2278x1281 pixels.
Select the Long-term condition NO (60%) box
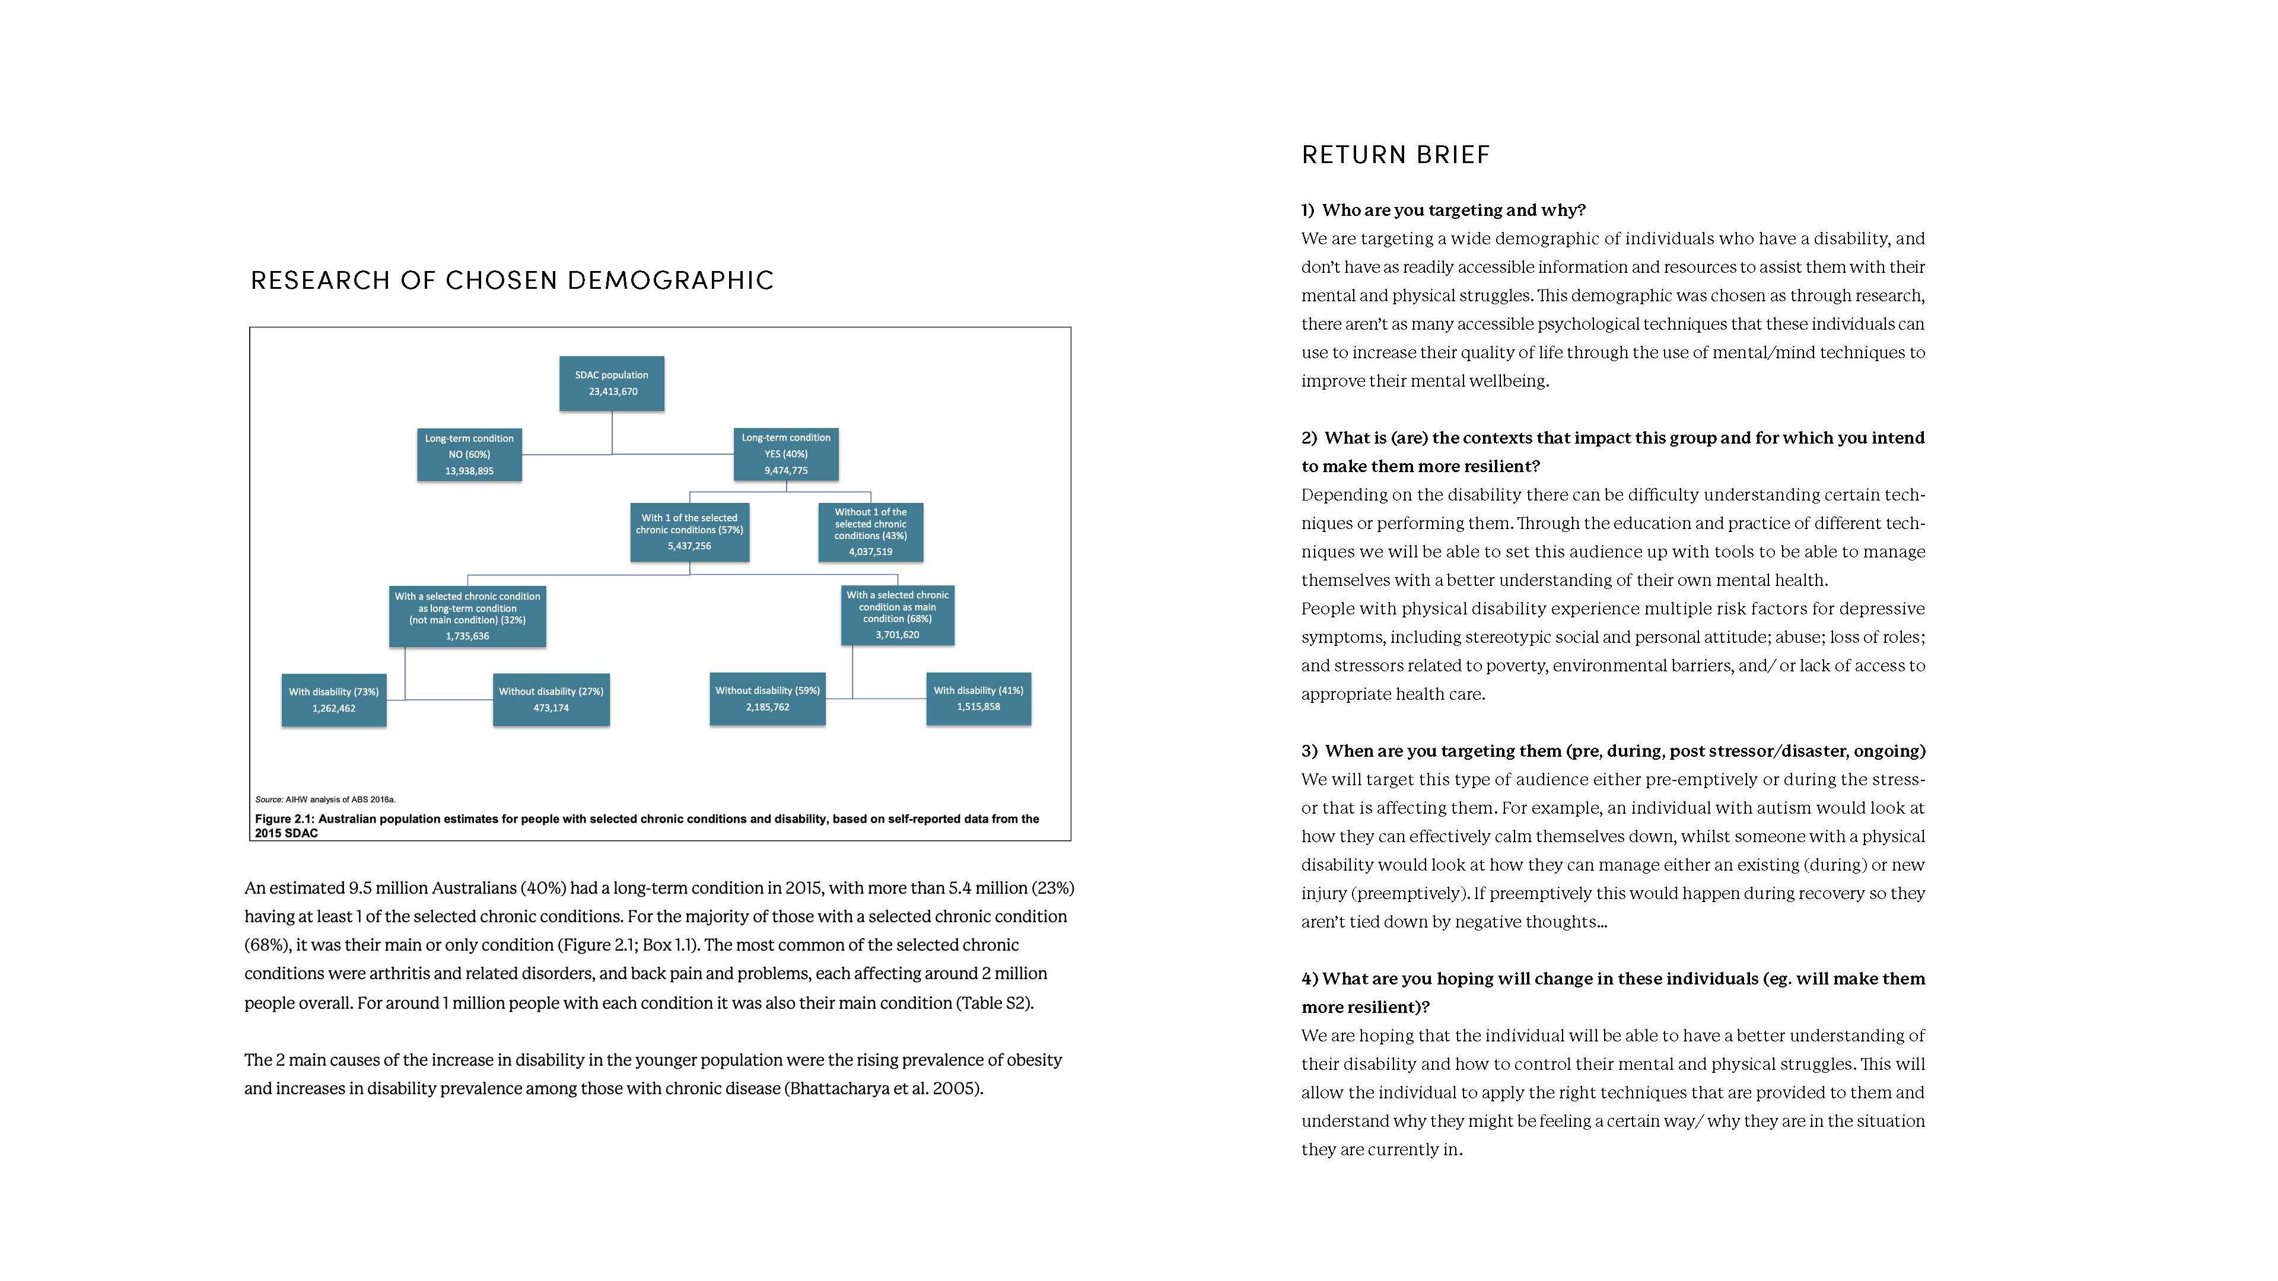(469, 454)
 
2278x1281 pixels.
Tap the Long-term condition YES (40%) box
(785, 454)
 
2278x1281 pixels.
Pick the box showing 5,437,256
(689, 531)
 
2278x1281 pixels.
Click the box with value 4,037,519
(870, 532)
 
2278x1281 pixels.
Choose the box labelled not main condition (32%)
(467, 616)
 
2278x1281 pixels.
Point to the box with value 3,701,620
(897, 616)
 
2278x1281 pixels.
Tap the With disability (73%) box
(333, 699)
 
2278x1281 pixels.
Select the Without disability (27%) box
(550, 699)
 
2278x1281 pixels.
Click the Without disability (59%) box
(766, 699)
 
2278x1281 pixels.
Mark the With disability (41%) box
(978, 699)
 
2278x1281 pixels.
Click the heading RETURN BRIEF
(1395, 155)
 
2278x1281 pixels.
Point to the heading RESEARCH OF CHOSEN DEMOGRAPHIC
(512, 281)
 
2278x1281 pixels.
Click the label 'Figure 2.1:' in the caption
(285, 818)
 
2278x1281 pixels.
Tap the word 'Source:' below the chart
(269, 799)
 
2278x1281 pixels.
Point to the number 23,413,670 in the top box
(613, 391)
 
